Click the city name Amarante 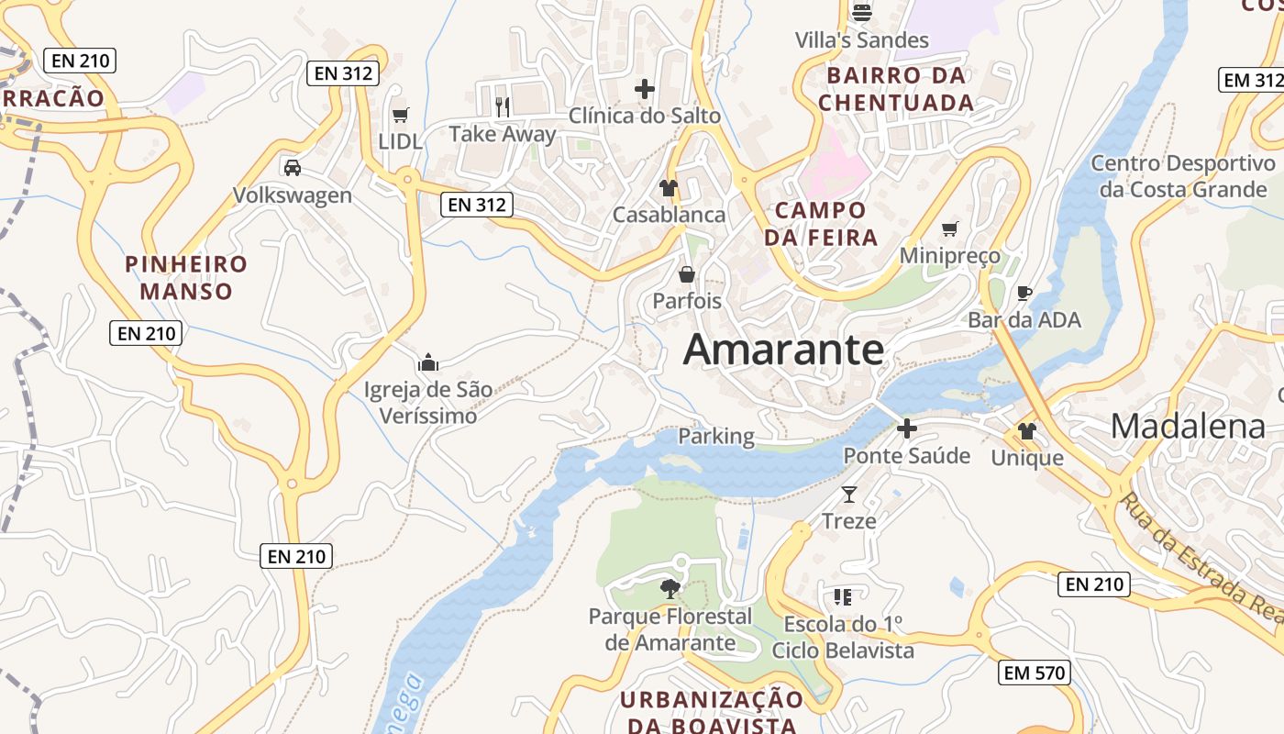tap(783, 350)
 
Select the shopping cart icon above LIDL tap(400, 115)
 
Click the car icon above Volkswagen tap(292, 168)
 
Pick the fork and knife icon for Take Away tap(502, 107)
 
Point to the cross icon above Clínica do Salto tap(645, 89)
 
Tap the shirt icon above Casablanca tap(668, 188)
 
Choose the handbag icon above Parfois tap(686, 274)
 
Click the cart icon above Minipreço tap(949, 228)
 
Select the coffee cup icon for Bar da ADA tap(1024, 294)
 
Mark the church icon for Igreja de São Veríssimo tap(427, 363)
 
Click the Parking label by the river tap(716, 437)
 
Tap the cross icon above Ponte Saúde tap(906, 428)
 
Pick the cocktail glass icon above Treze tap(848, 495)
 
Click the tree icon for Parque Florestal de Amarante tap(670, 588)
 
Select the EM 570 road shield tap(1035, 673)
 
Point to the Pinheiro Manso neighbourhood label tap(186, 278)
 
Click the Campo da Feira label tap(821, 224)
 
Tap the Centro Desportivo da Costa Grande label tap(1183, 176)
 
